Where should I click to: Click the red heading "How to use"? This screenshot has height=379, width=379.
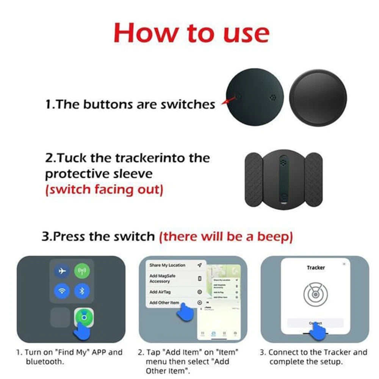click(x=191, y=33)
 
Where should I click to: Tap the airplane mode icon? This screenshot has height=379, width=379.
click(x=63, y=271)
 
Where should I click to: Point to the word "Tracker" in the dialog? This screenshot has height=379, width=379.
click(x=316, y=268)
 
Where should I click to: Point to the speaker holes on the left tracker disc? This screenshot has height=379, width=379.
click(x=273, y=97)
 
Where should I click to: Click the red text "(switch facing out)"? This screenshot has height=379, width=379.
click(x=104, y=189)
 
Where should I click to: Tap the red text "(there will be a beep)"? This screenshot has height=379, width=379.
click(x=226, y=236)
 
